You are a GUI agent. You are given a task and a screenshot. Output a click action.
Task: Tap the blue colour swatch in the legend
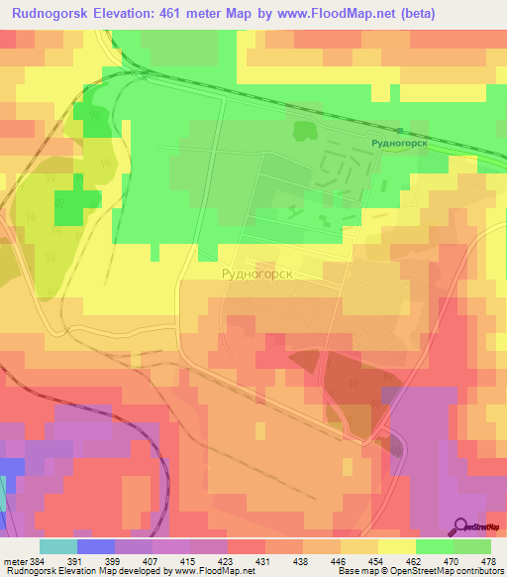click(96, 546)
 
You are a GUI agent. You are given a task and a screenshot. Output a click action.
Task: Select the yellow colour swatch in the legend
click(397, 546)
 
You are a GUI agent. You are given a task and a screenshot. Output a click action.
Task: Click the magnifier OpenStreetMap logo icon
click(460, 526)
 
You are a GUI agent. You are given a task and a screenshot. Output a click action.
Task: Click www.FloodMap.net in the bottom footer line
click(213, 571)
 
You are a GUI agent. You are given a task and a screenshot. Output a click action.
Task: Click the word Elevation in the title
click(123, 14)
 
